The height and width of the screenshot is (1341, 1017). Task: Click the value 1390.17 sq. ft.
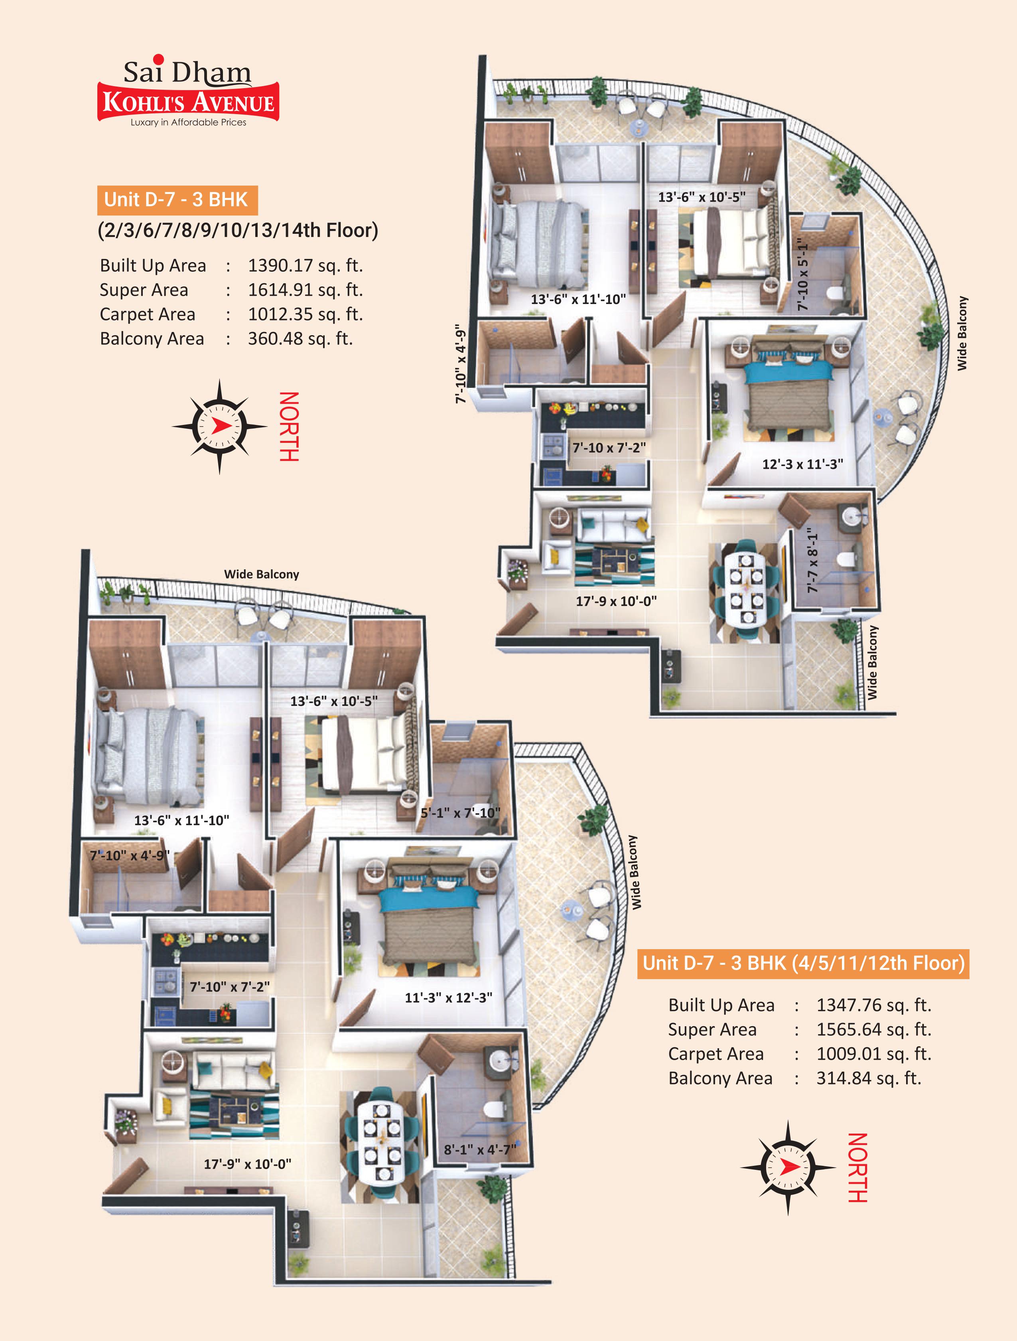[305, 266]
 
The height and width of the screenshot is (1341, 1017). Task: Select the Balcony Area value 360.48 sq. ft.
[300, 338]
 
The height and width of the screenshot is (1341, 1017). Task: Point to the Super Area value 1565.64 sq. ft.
[873, 1029]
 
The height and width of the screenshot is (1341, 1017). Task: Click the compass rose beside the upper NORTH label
[219, 426]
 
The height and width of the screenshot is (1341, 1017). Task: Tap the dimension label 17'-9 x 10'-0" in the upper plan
[616, 601]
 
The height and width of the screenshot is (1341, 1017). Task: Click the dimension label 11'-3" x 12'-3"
[449, 997]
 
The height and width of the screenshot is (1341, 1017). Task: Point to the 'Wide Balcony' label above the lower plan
[261, 574]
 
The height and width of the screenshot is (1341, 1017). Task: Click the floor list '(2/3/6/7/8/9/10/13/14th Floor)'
[238, 230]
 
